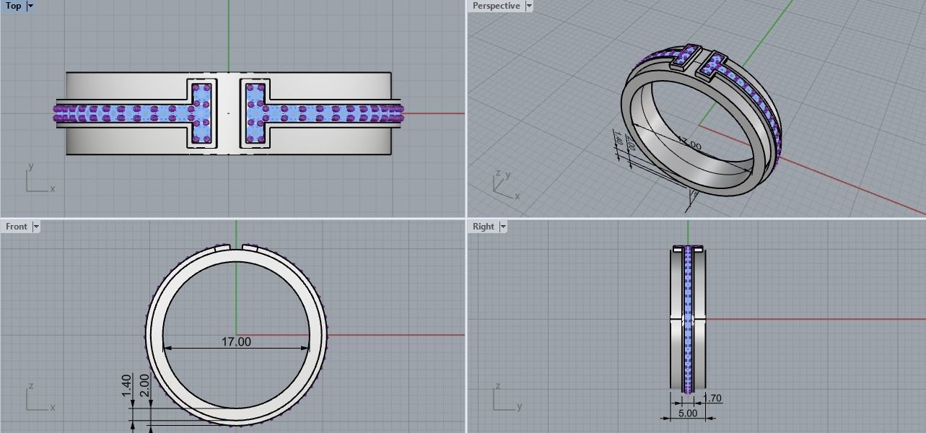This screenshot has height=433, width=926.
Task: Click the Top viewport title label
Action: pyautogui.click(x=13, y=6)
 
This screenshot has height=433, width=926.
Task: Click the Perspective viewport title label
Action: pyautogui.click(x=496, y=6)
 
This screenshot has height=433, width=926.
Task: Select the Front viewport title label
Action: pyautogui.click(x=17, y=227)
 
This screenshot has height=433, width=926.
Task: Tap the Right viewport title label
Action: pyautogui.click(x=483, y=227)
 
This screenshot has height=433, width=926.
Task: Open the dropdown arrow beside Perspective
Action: pyautogui.click(x=529, y=6)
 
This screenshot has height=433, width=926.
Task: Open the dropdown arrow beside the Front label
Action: pyautogui.click(x=36, y=227)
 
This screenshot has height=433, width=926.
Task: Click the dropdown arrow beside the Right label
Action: pyautogui.click(x=503, y=227)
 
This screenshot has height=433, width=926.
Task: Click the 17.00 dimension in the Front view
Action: pyautogui.click(x=236, y=342)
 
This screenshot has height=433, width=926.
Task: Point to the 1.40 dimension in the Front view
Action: pyautogui.click(x=127, y=384)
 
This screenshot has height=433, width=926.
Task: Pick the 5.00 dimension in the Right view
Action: pyautogui.click(x=688, y=414)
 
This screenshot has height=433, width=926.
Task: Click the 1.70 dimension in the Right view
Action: pyautogui.click(x=712, y=398)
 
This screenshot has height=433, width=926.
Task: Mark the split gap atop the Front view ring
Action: pyautogui.click(x=236, y=248)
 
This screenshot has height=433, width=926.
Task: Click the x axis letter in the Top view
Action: pyautogui.click(x=53, y=189)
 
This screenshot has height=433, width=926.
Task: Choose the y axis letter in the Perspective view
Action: pyautogui.click(x=508, y=175)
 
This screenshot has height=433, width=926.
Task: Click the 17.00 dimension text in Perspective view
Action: pyautogui.click(x=691, y=145)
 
